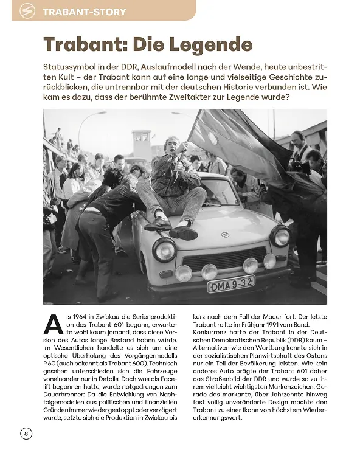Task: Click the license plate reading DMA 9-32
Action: (230, 283)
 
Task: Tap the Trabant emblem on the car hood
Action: (225, 235)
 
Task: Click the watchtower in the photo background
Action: (141, 144)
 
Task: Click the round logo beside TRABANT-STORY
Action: (27, 11)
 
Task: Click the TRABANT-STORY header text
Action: (85, 12)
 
